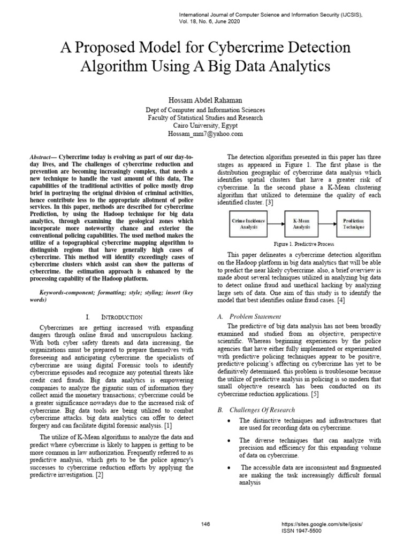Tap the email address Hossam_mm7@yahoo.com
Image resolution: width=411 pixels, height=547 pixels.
(205, 134)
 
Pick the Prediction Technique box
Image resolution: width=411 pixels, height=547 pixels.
(353, 224)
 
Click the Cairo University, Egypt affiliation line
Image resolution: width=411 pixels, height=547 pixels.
(205, 126)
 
